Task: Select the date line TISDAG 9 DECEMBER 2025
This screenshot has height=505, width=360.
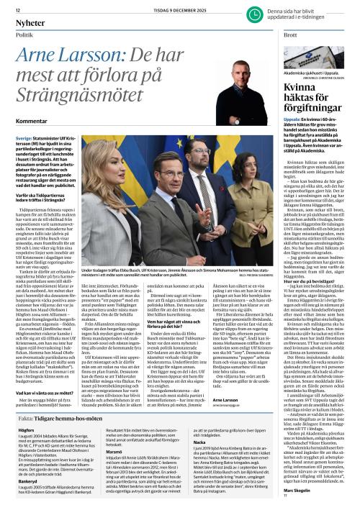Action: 139,9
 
